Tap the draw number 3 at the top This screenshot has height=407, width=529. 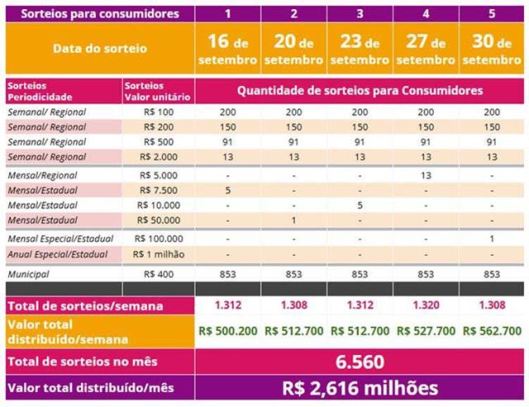click(x=360, y=13)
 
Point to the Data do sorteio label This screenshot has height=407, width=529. click(x=99, y=49)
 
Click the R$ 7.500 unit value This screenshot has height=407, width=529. click(x=160, y=189)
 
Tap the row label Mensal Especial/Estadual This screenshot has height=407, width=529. click(x=61, y=238)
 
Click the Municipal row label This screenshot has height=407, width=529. click(x=28, y=272)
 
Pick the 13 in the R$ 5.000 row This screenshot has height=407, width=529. click(x=426, y=175)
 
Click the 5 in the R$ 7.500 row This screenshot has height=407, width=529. click(x=227, y=189)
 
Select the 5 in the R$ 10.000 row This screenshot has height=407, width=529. click(x=360, y=204)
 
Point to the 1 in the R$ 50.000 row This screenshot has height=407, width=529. click(x=293, y=219)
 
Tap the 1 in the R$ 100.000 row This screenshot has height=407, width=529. click(x=492, y=238)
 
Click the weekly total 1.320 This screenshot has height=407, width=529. click(x=426, y=305)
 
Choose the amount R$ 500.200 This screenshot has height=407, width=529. click(x=227, y=331)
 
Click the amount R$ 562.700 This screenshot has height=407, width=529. click(x=492, y=331)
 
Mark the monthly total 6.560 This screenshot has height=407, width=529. click(x=360, y=362)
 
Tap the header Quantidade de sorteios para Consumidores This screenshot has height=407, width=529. click(x=360, y=91)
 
